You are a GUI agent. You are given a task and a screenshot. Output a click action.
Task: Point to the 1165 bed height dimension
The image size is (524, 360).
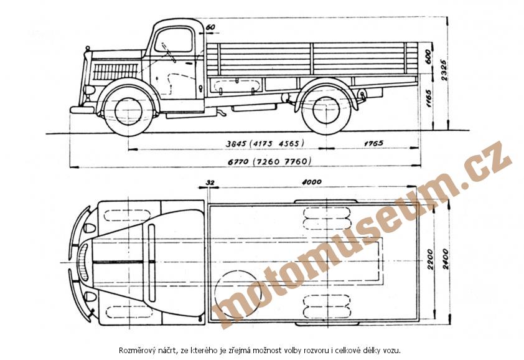point(428,98)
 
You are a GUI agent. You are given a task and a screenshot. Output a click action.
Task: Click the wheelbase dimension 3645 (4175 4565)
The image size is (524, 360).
point(264,143)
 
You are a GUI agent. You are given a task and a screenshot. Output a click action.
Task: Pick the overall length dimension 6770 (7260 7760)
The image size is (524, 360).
point(269,161)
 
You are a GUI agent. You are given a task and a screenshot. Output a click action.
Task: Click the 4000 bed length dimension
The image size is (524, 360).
point(311,182)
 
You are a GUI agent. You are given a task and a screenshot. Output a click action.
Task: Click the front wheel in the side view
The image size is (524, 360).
point(128,111)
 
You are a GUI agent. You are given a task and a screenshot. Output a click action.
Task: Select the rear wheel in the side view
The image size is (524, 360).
point(325,110)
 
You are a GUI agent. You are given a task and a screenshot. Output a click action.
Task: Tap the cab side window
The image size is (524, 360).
point(174,40)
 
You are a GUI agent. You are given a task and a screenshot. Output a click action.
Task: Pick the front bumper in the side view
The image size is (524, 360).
point(81,110)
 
